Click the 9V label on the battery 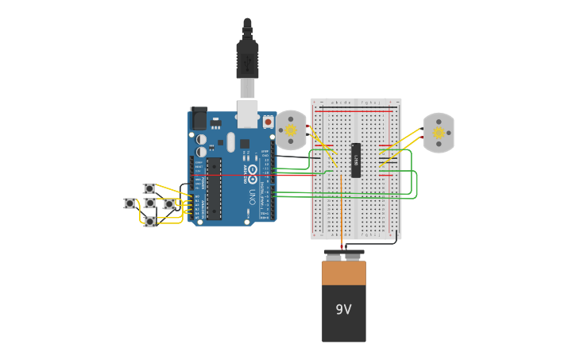(343, 309)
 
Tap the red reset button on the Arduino (269, 122)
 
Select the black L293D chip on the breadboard (356, 160)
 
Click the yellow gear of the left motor (291, 130)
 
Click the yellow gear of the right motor (439, 133)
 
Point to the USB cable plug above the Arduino (247, 60)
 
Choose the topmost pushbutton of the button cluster (149, 188)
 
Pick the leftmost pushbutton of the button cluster (130, 203)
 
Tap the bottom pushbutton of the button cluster (150, 222)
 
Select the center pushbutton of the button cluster (150, 203)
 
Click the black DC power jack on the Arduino (199, 118)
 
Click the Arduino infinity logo (253, 169)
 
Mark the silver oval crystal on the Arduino (231, 142)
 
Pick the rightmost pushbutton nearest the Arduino (169, 204)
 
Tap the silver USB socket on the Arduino (248, 114)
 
